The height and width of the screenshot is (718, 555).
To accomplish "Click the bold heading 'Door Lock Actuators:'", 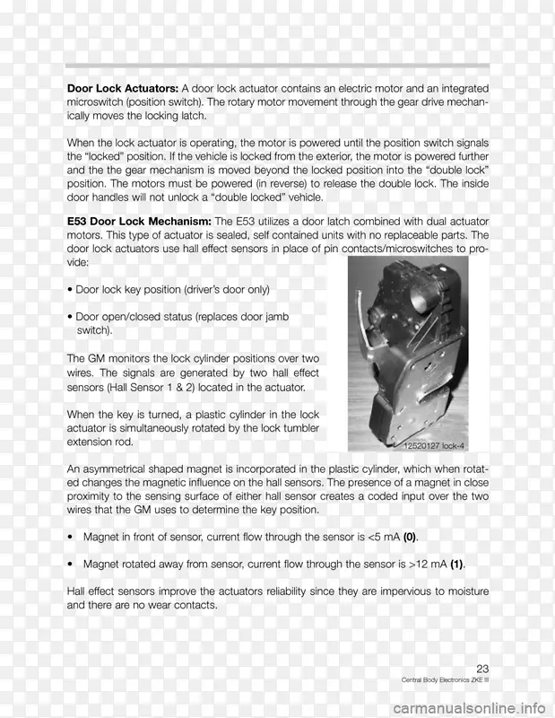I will coord(123,89).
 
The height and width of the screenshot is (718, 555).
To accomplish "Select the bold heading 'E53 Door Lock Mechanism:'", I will coord(139,222).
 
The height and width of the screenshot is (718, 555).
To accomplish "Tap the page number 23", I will coord(482,669).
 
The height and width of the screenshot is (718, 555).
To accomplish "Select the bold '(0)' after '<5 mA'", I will coord(409,538).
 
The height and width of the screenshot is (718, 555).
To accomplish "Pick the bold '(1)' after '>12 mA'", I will coord(455,565).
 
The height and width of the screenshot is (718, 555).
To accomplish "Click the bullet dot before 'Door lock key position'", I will coord(70,291).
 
